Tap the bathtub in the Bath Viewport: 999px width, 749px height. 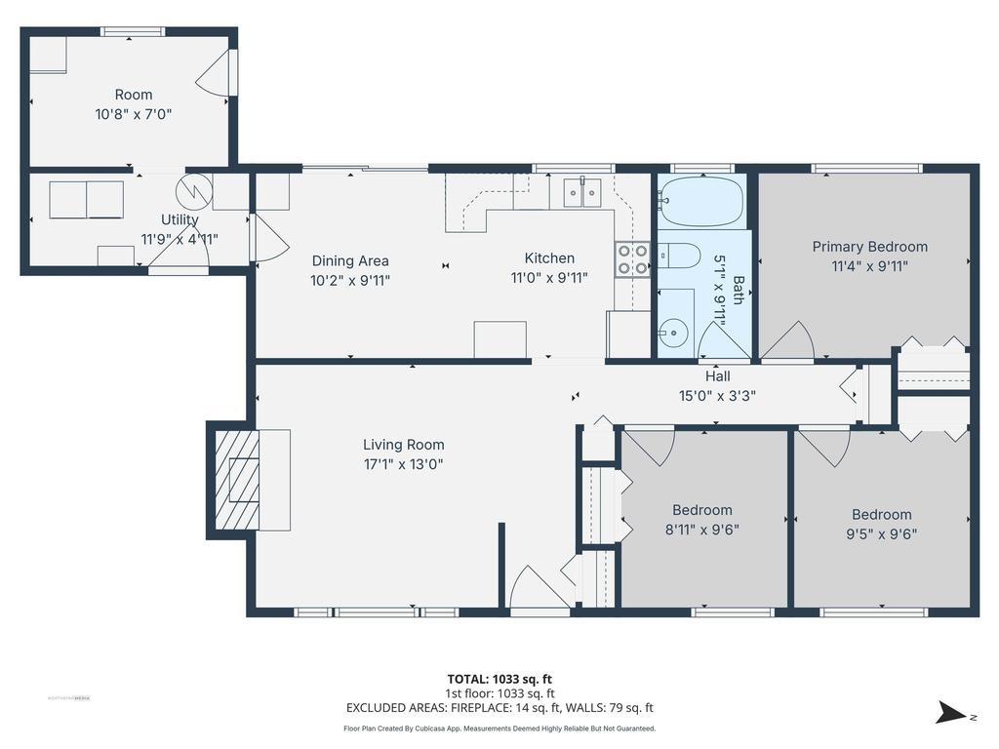pyautogui.click(x=700, y=201)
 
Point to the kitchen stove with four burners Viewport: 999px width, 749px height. pyautogui.click(x=631, y=258)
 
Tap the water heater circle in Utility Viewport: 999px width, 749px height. pyautogui.click(x=193, y=189)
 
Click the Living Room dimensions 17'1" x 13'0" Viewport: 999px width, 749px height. pyautogui.click(x=403, y=464)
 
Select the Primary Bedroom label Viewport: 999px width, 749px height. pyautogui.click(x=869, y=247)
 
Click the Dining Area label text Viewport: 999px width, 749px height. pyautogui.click(x=350, y=260)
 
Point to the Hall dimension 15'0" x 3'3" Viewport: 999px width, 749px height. pyautogui.click(x=717, y=395)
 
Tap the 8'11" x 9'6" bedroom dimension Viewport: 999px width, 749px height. pyautogui.click(x=701, y=530)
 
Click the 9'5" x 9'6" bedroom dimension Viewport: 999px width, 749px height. pyautogui.click(x=881, y=533)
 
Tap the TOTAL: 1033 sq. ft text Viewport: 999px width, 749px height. pyautogui.click(x=499, y=679)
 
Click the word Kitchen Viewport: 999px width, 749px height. pyautogui.click(x=549, y=258)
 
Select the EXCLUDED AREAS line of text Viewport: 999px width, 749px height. pyautogui.click(x=499, y=708)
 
